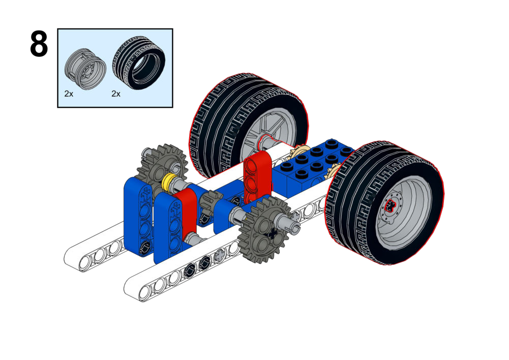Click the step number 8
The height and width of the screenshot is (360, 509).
pyautogui.click(x=39, y=44)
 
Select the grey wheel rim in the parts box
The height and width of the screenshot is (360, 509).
pyautogui.click(x=85, y=69)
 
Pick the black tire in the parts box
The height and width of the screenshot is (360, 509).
pyautogui.click(x=139, y=63)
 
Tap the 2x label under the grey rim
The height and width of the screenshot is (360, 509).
pyautogui.click(x=69, y=94)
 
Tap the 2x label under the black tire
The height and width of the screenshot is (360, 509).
pyautogui.click(x=116, y=94)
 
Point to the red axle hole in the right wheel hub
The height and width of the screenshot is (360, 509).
pyautogui.click(x=391, y=205)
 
